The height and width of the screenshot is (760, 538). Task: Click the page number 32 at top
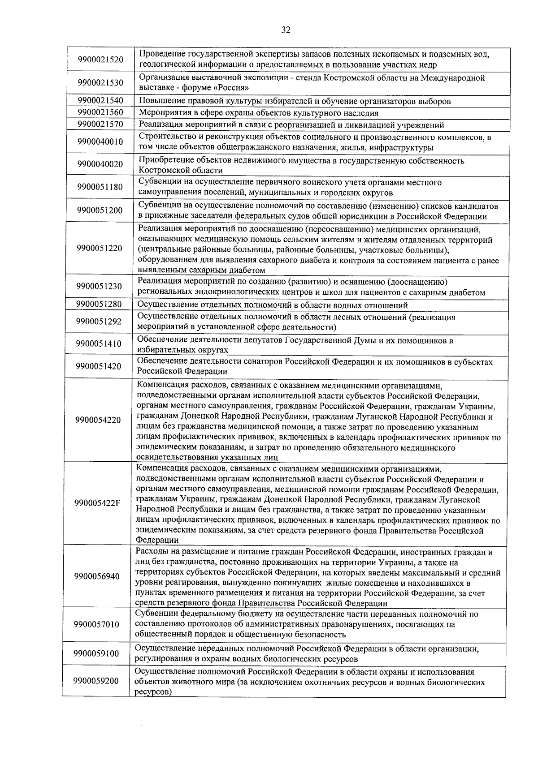tap(286, 30)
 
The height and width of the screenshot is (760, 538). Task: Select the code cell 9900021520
tap(100, 60)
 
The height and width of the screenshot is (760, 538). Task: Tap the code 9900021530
tap(100, 83)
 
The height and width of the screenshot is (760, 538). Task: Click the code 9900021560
tap(100, 112)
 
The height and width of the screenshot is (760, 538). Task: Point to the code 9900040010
tap(100, 142)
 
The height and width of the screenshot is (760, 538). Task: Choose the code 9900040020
tap(100, 165)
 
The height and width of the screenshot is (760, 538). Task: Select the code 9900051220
tap(99, 249)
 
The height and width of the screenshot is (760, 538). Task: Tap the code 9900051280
tap(99, 305)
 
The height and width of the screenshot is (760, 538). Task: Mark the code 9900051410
tap(99, 344)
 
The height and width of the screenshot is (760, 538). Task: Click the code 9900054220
tap(98, 420)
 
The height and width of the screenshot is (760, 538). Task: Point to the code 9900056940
tap(97, 576)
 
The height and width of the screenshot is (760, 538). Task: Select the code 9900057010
tap(97, 624)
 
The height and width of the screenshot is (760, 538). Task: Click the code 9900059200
tap(96, 682)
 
